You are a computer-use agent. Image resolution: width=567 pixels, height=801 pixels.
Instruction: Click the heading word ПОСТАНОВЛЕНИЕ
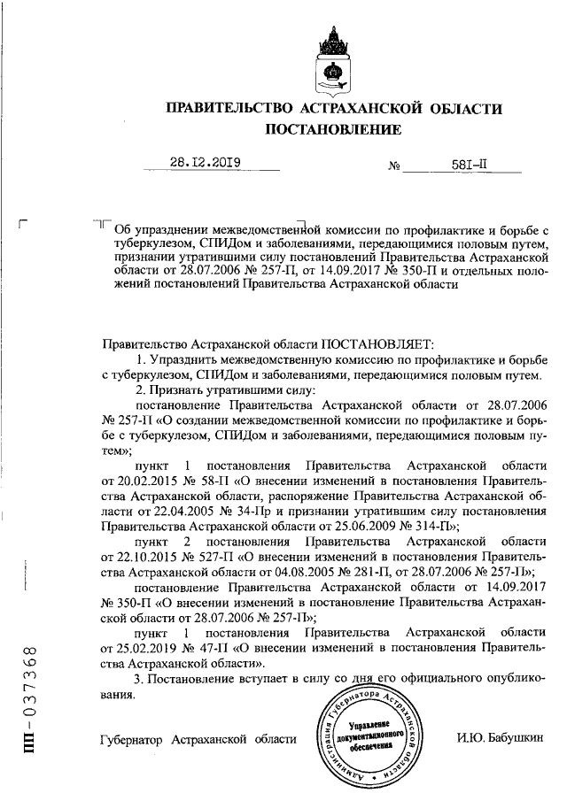click(x=333, y=130)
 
